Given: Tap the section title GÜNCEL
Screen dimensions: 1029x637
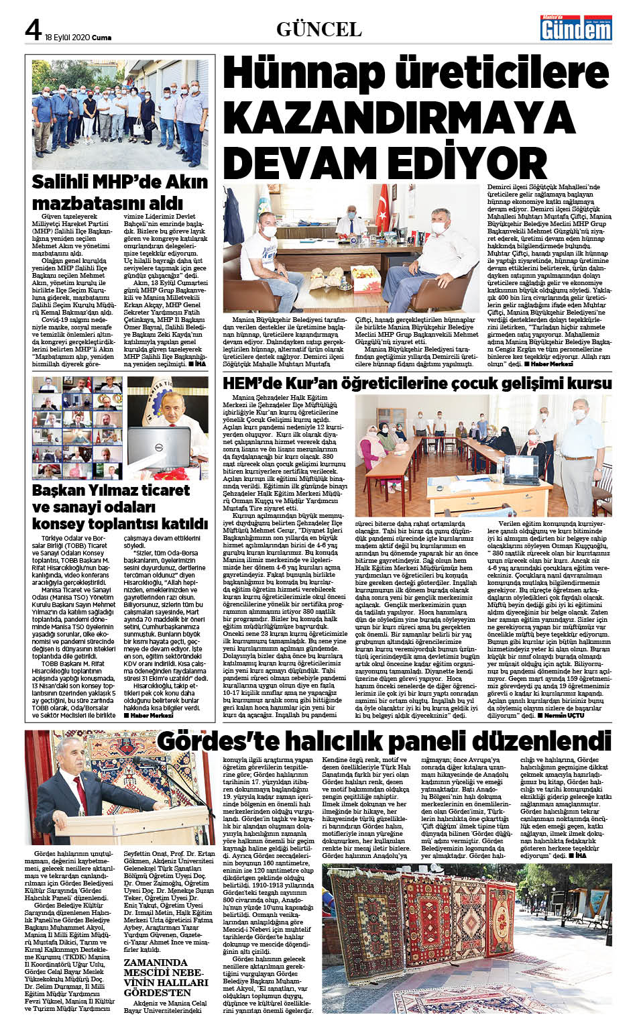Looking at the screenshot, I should click(318, 29).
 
